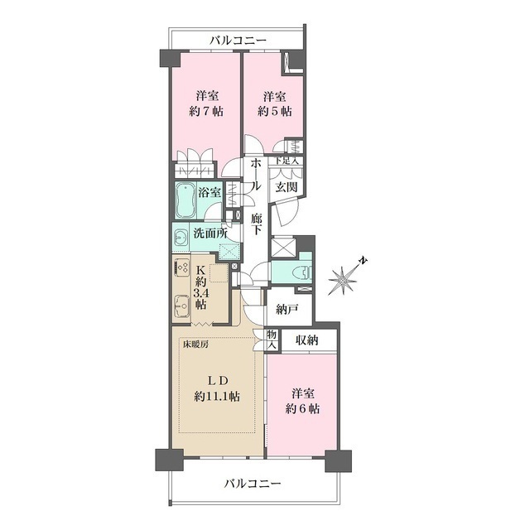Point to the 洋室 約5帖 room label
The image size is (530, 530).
click(x=274, y=103)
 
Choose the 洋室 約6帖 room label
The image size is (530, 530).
click(x=303, y=401)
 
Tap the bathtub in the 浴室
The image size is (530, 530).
click(x=185, y=198)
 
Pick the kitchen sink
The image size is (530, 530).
click(x=181, y=311)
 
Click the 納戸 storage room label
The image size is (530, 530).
click(x=289, y=309)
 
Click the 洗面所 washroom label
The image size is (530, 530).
click(x=210, y=233)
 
